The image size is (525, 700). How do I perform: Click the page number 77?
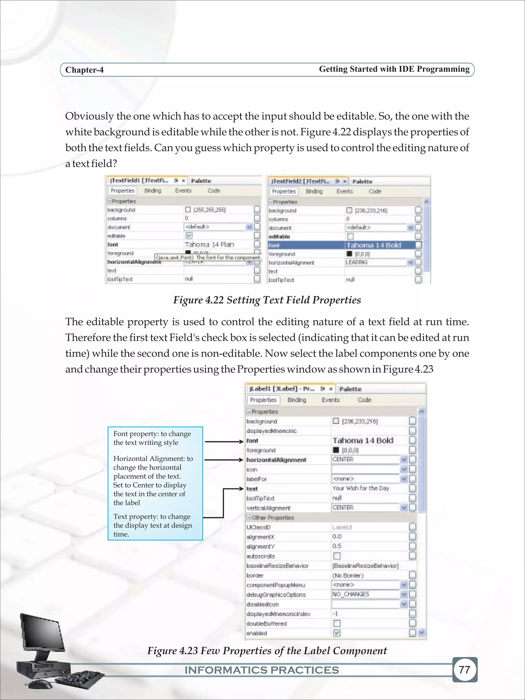(x=464, y=669)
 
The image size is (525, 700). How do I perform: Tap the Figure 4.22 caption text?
(x=267, y=300)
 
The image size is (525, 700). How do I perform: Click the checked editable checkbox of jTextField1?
(x=189, y=236)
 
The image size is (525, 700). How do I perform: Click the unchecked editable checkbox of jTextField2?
(x=350, y=236)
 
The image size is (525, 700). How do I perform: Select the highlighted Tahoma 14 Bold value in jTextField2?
(x=374, y=245)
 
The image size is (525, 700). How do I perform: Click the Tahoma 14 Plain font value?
(x=209, y=244)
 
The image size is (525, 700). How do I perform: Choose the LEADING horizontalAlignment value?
(x=357, y=262)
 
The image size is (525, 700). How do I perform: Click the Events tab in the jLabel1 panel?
(x=331, y=400)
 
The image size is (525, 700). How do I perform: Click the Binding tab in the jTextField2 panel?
(x=314, y=191)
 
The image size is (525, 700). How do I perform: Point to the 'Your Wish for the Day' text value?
(x=361, y=488)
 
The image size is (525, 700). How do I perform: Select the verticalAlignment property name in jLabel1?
(x=268, y=508)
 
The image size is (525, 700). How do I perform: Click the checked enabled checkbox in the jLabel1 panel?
(x=337, y=633)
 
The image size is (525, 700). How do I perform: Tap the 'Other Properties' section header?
(x=272, y=518)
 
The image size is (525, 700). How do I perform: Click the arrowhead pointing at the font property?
(x=241, y=441)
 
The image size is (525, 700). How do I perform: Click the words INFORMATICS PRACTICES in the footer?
(x=262, y=670)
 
